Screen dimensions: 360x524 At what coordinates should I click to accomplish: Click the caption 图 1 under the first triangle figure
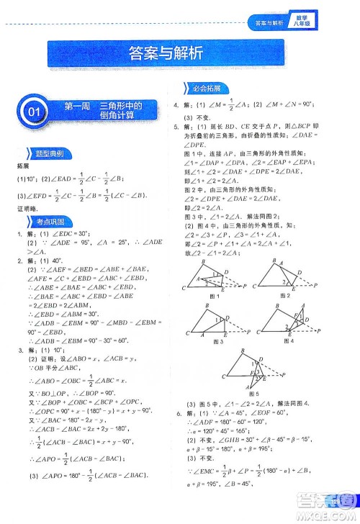pos(212,296)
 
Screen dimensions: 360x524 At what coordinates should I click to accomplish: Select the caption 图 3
pos(212,341)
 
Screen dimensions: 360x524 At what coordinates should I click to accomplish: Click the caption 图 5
pos(252,394)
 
